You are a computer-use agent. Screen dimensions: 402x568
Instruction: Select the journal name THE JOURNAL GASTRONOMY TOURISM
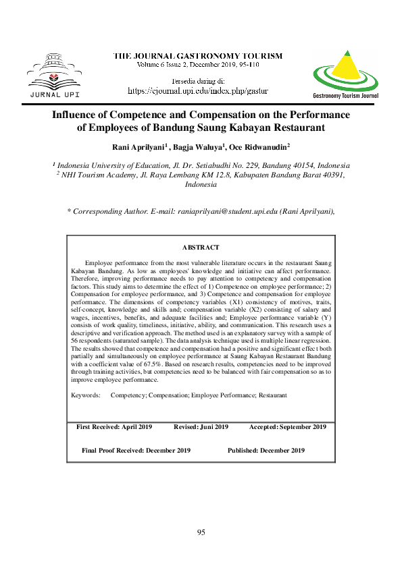(197, 55)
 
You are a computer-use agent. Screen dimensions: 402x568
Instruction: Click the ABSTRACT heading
(201, 248)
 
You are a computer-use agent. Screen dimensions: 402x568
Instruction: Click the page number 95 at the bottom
(201, 532)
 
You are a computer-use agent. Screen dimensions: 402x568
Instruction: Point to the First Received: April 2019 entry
(114, 427)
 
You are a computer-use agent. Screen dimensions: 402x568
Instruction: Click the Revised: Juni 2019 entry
(201, 427)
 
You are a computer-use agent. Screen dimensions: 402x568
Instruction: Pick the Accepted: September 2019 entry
(288, 427)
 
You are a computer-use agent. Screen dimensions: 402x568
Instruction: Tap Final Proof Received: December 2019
(136, 450)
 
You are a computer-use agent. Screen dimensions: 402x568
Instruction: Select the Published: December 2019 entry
(266, 450)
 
